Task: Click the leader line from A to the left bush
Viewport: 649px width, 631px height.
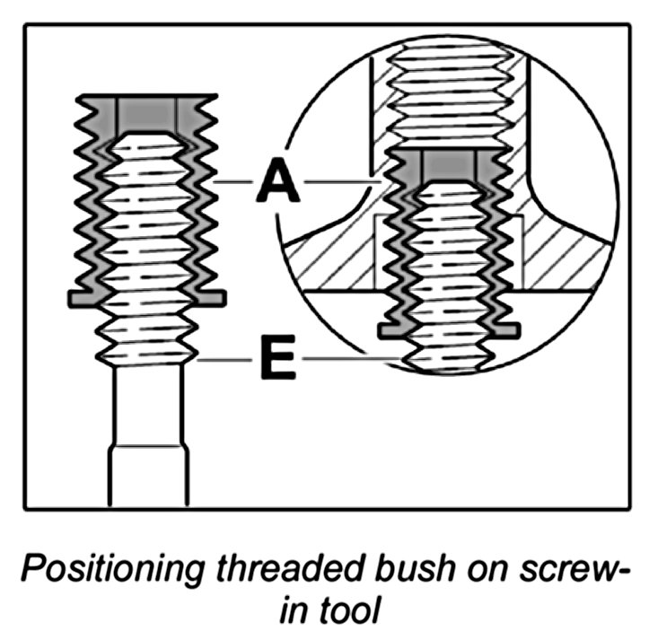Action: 235,183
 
